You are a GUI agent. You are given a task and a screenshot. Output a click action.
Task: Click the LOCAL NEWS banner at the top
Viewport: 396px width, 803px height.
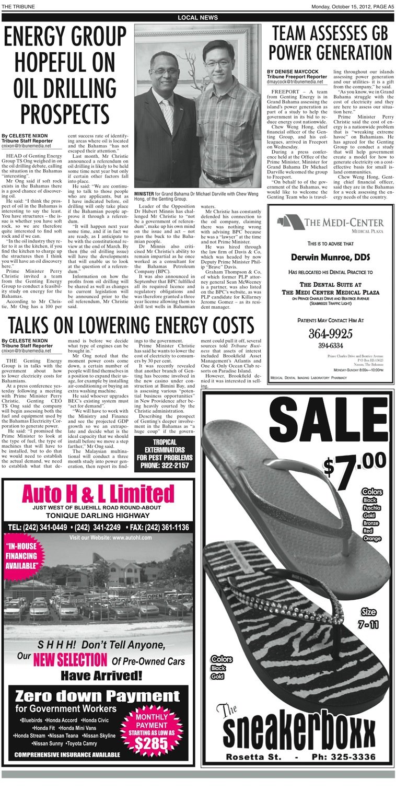197,17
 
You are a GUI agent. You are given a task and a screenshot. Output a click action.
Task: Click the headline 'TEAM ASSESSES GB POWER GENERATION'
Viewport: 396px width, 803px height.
330,44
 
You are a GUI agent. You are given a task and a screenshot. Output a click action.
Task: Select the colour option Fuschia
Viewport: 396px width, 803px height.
371,507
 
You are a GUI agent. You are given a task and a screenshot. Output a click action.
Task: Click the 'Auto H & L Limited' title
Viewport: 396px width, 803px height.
98,494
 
